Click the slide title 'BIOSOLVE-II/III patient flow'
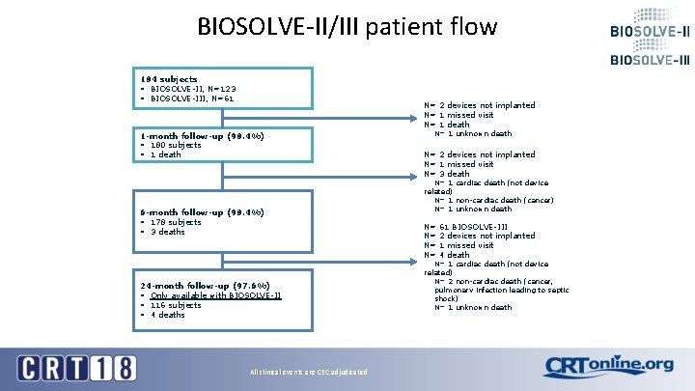(347, 26)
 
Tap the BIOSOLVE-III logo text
(650, 60)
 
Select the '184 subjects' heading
(169, 79)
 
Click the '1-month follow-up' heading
(202, 136)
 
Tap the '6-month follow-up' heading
(202, 212)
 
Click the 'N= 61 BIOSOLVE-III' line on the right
(466, 227)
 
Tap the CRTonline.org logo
(608, 366)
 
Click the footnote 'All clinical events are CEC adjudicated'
(308, 372)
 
